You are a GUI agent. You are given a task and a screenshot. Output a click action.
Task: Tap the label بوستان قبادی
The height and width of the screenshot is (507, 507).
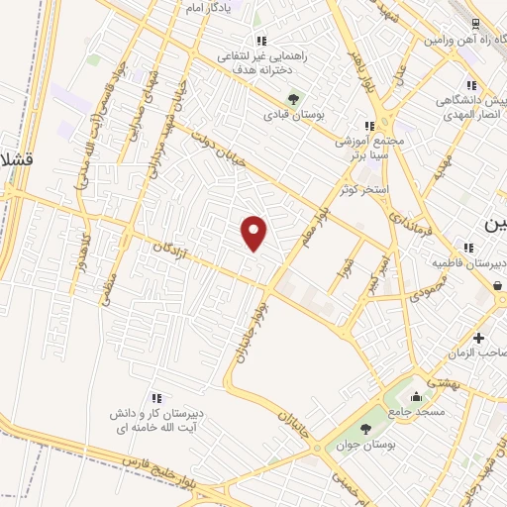tap(293, 114)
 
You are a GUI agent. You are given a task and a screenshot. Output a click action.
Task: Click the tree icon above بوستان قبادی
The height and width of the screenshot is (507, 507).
tap(293, 98)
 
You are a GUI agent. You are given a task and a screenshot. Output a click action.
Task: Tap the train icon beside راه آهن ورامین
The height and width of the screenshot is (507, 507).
tap(477, 24)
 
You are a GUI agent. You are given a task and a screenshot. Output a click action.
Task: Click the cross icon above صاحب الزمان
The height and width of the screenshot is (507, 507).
tap(479, 338)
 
